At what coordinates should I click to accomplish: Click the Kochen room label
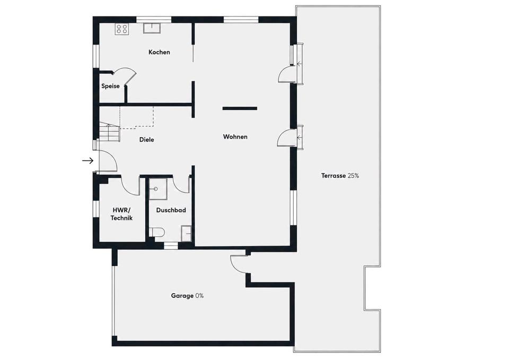159,52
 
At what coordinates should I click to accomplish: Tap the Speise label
110,86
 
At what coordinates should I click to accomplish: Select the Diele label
147,139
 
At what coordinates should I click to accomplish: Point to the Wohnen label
235,137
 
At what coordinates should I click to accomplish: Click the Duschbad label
171,210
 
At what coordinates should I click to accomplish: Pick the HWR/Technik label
121,214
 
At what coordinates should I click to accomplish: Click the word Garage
182,296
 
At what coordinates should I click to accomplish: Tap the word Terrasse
334,175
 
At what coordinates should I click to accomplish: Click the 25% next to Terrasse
353,175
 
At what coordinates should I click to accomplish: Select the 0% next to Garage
200,296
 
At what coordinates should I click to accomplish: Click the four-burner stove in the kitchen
122,29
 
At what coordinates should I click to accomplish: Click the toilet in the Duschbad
157,232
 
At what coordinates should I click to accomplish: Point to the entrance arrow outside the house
87,160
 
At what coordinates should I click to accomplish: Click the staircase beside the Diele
110,131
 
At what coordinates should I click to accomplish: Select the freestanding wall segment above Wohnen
240,108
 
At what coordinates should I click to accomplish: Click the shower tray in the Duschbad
158,188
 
